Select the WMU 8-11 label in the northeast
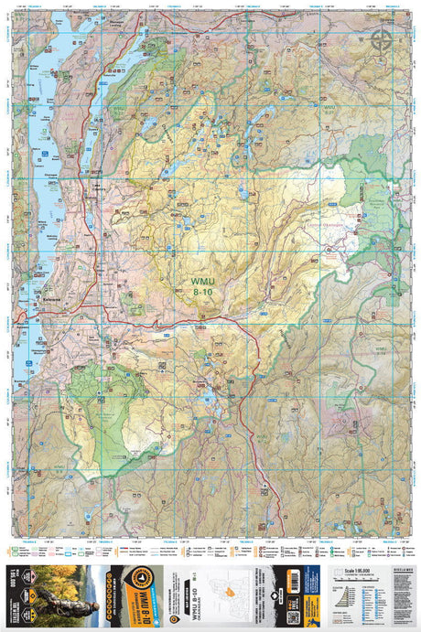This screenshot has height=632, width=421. pos(330,110)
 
